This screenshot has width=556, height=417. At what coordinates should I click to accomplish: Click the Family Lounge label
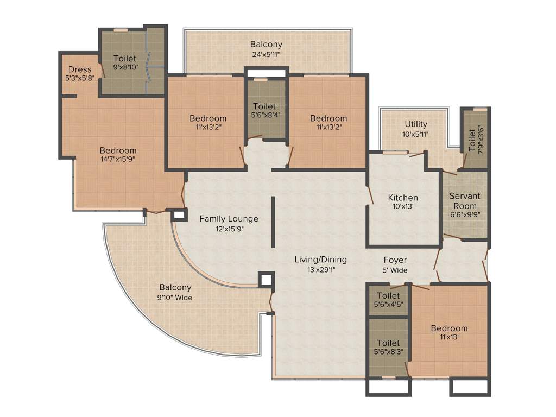(229, 219)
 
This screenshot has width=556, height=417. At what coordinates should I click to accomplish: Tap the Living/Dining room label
(320, 260)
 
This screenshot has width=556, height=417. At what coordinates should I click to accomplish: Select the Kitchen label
(403, 198)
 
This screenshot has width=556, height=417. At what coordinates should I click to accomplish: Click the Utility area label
(416, 124)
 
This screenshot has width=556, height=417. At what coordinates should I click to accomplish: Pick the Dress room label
(80, 69)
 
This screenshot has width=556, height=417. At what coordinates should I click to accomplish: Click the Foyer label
(395, 260)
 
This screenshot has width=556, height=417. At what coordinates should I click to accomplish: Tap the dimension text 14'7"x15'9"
(118, 160)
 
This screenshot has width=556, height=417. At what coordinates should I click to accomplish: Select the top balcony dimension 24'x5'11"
(266, 54)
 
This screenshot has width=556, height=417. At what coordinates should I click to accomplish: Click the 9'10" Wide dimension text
(175, 297)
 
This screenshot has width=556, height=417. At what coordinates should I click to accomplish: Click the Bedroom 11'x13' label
(449, 328)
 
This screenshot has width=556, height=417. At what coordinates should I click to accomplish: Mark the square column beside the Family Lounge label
(178, 215)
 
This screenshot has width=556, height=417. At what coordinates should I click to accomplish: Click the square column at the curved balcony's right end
(266, 280)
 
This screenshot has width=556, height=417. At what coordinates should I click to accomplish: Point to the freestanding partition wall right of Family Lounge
(273, 223)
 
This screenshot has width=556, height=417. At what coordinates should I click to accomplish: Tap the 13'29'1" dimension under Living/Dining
(320, 270)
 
